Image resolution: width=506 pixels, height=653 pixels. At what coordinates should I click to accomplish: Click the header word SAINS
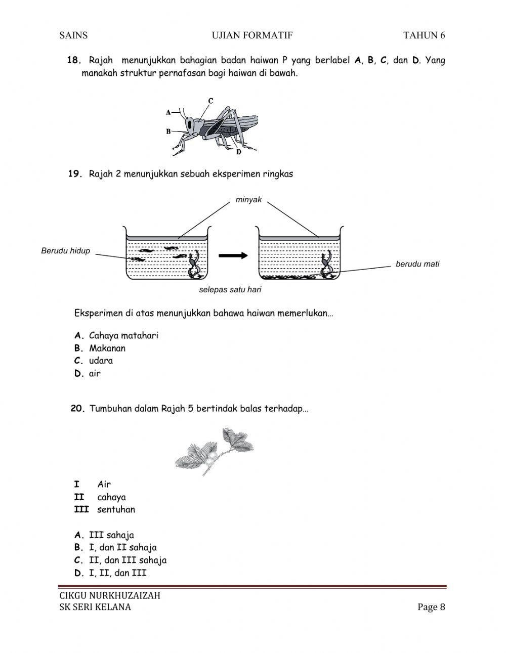pyautogui.click(x=73, y=35)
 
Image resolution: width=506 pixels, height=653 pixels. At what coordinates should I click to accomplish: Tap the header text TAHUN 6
pyautogui.click(x=424, y=35)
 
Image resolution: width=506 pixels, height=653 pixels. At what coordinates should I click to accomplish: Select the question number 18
pyautogui.click(x=74, y=60)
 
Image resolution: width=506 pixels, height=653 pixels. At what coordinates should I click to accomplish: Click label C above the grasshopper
pyautogui.click(x=210, y=101)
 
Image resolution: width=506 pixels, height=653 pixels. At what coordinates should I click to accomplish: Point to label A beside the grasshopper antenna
pyautogui.click(x=168, y=112)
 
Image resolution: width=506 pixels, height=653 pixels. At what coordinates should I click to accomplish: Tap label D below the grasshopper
pyautogui.click(x=238, y=152)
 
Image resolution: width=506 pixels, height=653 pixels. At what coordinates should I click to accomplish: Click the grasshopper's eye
pyautogui.click(x=190, y=123)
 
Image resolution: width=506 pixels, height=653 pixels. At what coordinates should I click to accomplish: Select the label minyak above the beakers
pyautogui.click(x=248, y=200)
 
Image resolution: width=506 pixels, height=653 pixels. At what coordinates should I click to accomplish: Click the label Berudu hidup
pyautogui.click(x=65, y=251)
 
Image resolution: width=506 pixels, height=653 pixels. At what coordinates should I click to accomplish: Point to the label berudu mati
pyautogui.click(x=417, y=264)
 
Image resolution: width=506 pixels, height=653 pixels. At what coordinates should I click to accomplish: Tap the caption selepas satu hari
pyautogui.click(x=230, y=290)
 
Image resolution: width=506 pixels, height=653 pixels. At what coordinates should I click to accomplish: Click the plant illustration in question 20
pyautogui.click(x=214, y=452)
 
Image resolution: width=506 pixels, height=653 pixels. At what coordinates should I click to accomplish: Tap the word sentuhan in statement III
pyautogui.click(x=116, y=509)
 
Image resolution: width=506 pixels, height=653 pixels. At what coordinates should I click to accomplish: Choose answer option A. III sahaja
pyautogui.click(x=104, y=535)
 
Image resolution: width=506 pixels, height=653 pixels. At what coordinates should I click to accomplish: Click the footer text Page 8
pyautogui.click(x=431, y=607)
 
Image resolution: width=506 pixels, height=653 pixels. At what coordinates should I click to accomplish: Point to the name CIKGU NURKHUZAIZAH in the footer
pyautogui.click(x=110, y=595)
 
